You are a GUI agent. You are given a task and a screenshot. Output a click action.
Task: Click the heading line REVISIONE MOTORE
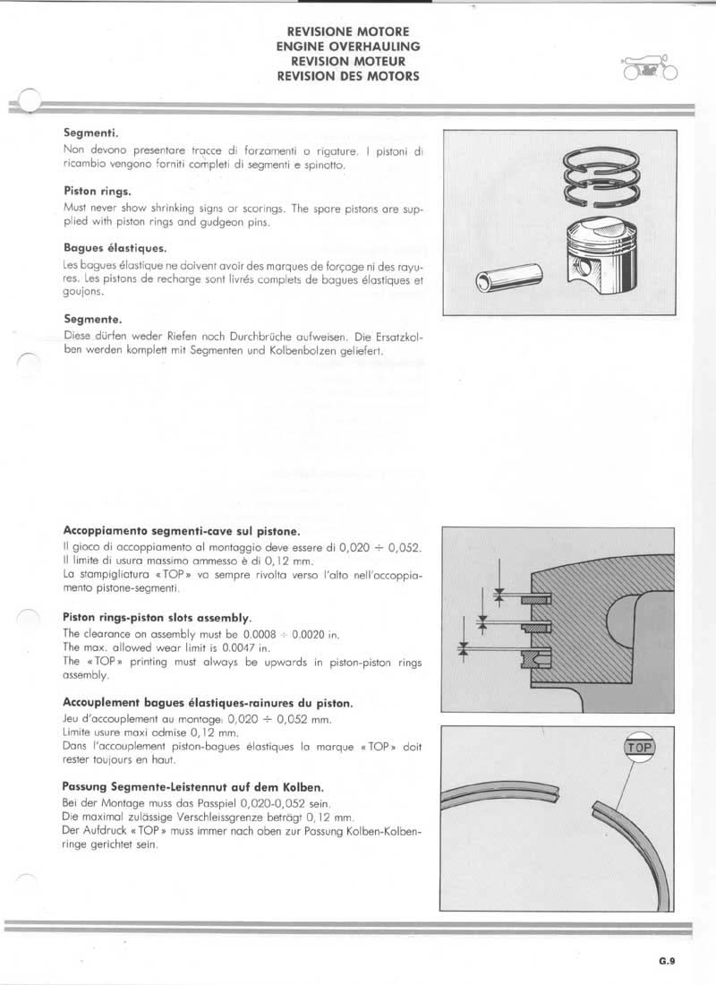(x=348, y=30)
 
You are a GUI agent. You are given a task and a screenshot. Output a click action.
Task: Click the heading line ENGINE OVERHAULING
(x=348, y=46)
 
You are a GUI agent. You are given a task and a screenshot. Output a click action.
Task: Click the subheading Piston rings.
(x=98, y=191)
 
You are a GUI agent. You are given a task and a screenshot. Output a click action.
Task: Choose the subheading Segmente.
(x=93, y=319)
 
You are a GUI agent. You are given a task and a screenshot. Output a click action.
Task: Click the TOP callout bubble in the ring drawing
(x=639, y=746)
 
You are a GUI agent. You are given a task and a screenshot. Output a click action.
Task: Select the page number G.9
(x=667, y=964)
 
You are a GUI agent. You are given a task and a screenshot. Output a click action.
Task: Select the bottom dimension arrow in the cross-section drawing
(x=464, y=649)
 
